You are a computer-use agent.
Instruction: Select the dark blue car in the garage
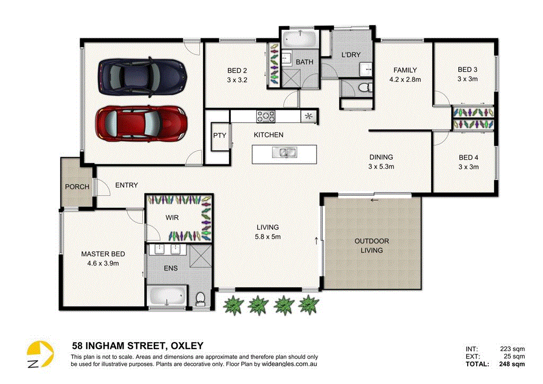click(x=143, y=77)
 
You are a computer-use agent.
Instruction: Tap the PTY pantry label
click(x=220, y=135)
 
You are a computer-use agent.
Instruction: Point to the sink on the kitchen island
click(x=284, y=153)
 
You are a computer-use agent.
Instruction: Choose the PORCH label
click(x=77, y=187)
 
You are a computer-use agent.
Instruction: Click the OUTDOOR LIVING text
click(x=372, y=246)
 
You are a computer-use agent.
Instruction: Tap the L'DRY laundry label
click(x=351, y=55)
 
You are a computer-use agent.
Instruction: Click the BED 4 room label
click(x=468, y=158)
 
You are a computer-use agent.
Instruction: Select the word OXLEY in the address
click(x=186, y=346)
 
